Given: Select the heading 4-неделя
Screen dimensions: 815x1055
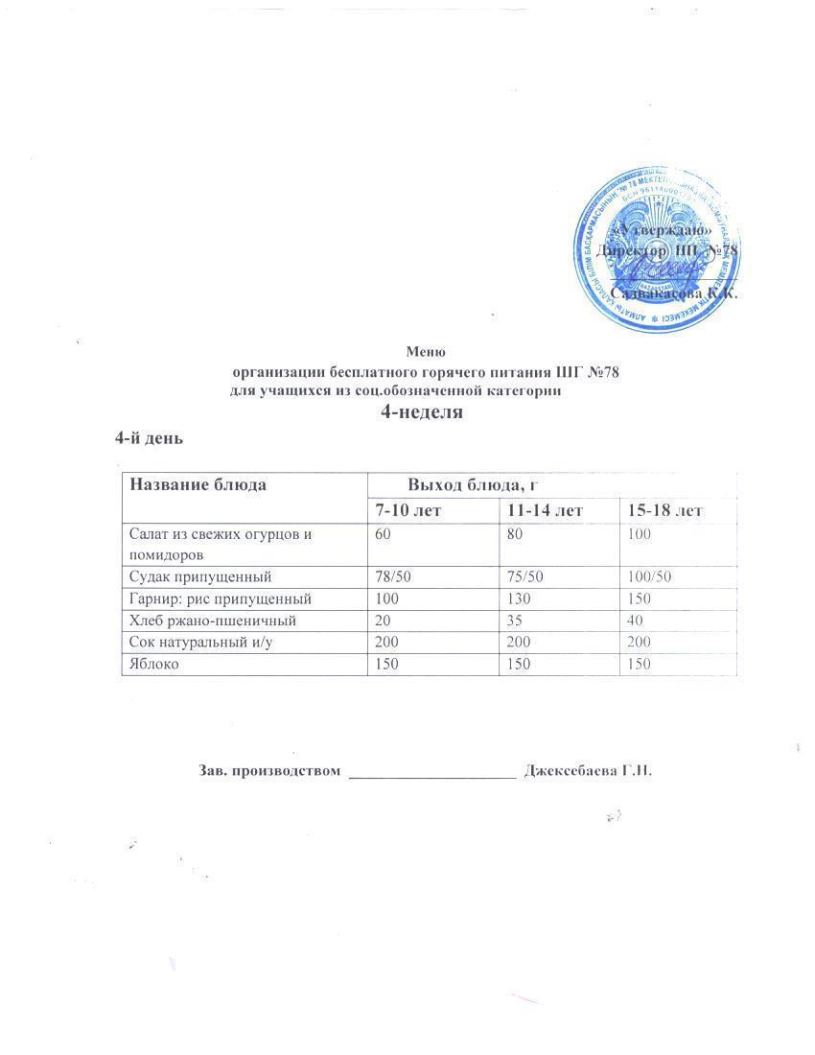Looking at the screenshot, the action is click(x=423, y=412).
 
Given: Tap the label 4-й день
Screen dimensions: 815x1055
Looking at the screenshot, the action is click(x=149, y=438).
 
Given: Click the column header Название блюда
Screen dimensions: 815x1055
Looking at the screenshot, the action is click(x=198, y=484).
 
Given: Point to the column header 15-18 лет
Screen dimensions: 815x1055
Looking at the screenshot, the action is click(x=664, y=510).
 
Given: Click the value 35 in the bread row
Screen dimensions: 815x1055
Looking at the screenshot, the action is click(x=517, y=621).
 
